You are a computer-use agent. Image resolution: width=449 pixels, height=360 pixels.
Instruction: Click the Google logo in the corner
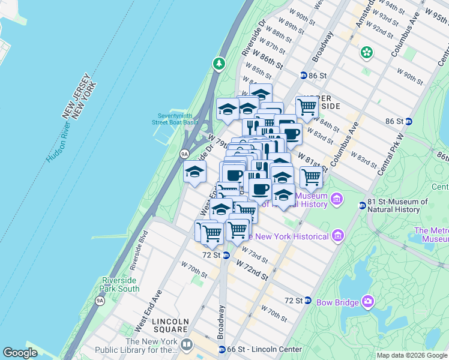coord(20,353)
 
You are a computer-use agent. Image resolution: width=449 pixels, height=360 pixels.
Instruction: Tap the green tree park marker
coord(219,63)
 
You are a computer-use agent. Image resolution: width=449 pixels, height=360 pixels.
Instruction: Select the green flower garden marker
coord(366,53)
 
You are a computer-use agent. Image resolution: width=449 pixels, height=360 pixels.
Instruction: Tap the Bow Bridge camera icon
coord(367,300)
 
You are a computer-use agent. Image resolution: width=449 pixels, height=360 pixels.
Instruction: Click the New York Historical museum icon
coord(337,236)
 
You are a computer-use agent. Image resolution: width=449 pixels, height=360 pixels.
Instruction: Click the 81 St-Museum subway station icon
coord(362,205)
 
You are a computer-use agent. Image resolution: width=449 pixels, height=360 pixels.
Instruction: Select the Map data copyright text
coord(412,355)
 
